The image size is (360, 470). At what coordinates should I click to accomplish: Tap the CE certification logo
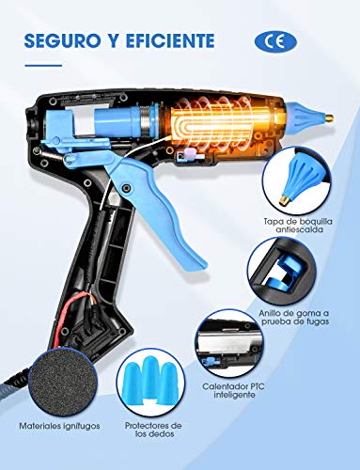coord(275,41)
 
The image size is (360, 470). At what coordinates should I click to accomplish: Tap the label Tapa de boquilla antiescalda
coord(298,226)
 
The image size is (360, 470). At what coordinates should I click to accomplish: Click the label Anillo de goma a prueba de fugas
coord(294,317)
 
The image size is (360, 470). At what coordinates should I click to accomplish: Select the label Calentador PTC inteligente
coord(234,390)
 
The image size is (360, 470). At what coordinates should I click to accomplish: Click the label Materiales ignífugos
coord(59,426)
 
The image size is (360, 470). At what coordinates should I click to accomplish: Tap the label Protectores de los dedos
coord(153,430)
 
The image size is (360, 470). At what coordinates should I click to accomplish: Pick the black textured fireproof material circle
coord(63,384)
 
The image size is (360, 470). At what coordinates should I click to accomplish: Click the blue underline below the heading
coord(43,66)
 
